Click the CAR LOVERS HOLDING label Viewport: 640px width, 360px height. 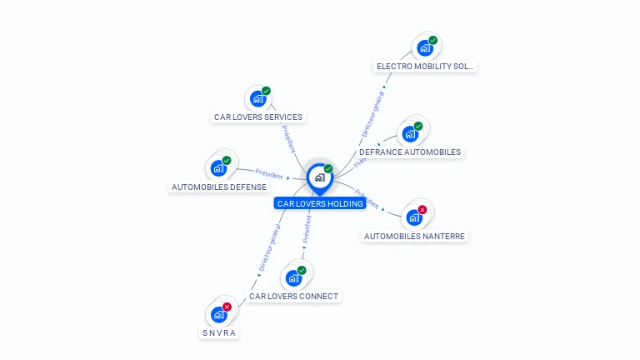[320, 203]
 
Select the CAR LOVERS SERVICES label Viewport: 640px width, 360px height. [258, 117]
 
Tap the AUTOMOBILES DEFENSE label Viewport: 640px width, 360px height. [219, 187]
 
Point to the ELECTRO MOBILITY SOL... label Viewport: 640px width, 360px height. [426, 66]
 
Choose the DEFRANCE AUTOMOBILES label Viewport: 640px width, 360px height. [409, 152]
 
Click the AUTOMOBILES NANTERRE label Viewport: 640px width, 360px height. [415, 237]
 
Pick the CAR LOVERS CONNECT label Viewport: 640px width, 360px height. [294, 297]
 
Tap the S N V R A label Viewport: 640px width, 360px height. [219, 333]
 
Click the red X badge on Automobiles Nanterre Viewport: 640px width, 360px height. [422, 210]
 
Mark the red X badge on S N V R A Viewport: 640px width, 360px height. [227, 307]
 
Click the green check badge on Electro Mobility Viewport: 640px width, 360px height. [433, 40]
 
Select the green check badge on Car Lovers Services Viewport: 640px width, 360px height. [266, 91]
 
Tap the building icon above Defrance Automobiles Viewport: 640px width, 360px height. [409, 134]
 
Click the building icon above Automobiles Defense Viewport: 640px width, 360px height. [218, 168]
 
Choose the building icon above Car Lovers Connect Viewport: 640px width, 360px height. [293, 278]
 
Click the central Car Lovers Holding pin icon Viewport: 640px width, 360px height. [319, 177]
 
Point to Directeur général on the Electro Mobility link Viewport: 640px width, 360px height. [372, 113]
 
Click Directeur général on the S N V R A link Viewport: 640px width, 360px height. [268, 247]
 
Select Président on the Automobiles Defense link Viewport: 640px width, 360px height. [269, 174]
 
